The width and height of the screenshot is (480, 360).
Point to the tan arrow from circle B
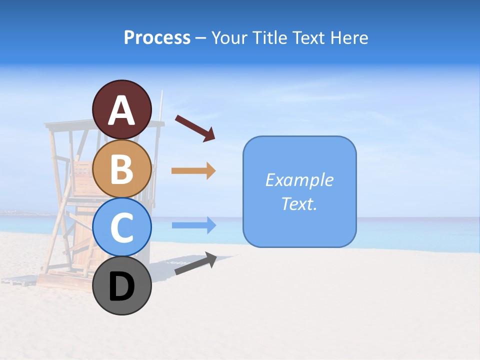[193, 171]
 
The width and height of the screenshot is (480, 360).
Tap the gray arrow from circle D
[195, 263]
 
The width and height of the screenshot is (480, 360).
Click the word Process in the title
[157, 37]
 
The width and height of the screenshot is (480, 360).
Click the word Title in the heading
[268, 37]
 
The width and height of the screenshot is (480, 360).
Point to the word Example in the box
[299, 179]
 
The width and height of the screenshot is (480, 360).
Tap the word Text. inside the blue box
[299, 203]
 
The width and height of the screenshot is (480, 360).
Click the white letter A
[122, 110]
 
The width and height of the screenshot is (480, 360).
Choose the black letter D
[122, 286]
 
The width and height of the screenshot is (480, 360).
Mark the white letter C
[122, 228]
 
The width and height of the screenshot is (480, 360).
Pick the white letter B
[122, 168]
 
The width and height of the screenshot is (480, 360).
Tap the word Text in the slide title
[308, 37]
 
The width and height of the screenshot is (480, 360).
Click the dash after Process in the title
[201, 38]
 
